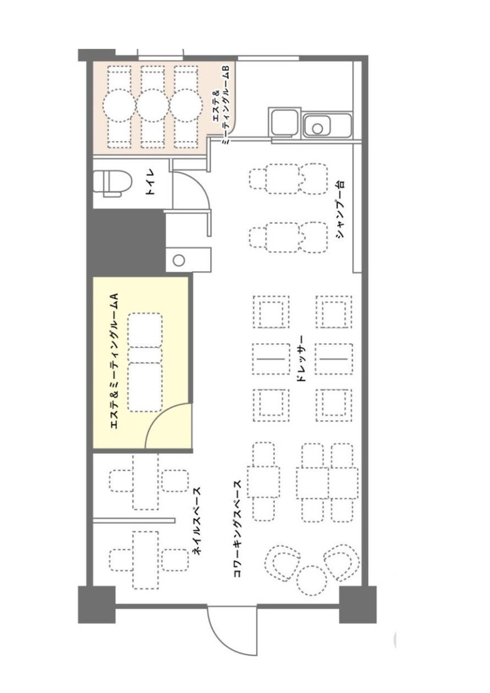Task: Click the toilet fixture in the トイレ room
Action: coord(113,184)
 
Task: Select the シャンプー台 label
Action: coord(340,209)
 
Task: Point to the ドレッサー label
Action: coord(301,359)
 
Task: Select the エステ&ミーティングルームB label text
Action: coord(222,105)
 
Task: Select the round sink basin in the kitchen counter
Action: coord(317,128)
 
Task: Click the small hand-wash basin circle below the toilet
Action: coord(179,260)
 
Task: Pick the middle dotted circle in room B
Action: coord(153,105)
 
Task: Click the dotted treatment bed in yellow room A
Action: coord(145,362)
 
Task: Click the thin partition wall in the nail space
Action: coord(134,520)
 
